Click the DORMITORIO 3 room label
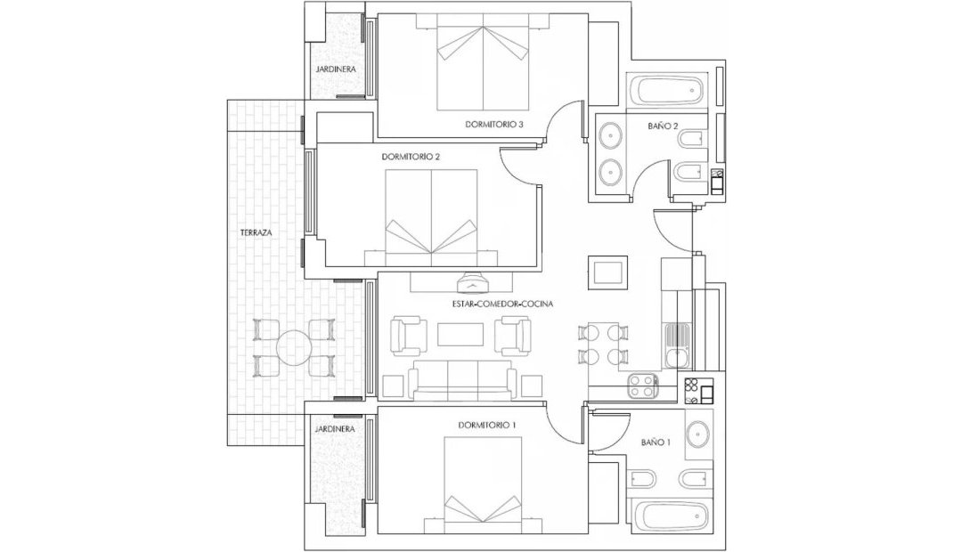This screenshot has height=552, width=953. coord(493,125)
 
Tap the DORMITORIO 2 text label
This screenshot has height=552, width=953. coord(411,157)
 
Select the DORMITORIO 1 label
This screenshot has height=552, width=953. coord(487,426)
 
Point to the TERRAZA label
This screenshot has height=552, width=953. coord(256,232)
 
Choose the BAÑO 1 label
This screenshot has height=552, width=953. coord(656,442)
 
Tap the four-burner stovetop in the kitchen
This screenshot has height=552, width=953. coord(643,386)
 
